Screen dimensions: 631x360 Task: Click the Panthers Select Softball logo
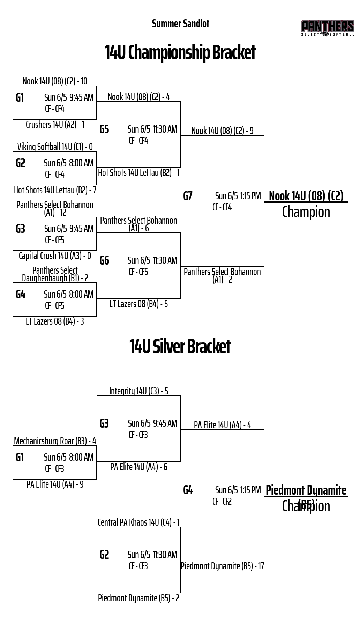pyautogui.click(x=327, y=28)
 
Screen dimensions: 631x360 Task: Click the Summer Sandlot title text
pyautogui.click(x=180, y=24)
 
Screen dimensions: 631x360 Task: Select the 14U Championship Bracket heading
pyautogui.click(x=180, y=52)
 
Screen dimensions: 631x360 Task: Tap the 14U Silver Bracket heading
pyautogui.click(x=180, y=346)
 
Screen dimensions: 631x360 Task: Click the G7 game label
pyautogui.click(x=188, y=196)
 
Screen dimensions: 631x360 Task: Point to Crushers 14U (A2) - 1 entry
pyautogui.click(x=55, y=125)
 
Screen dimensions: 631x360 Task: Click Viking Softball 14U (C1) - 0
pyautogui.click(x=55, y=147)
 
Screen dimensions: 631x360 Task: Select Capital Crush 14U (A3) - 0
pyautogui.click(x=55, y=256)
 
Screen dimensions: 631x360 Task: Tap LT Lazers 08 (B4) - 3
pyautogui.click(x=55, y=321)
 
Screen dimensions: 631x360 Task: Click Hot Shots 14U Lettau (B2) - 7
pyautogui.click(x=55, y=190)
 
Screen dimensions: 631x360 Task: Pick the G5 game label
pyautogui.click(x=104, y=129)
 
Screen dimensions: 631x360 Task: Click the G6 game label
pyautogui.click(x=104, y=261)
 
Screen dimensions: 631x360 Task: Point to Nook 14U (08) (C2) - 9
pyautogui.click(x=222, y=131)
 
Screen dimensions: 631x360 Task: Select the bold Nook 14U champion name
pyautogui.click(x=306, y=196)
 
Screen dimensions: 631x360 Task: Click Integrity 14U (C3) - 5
pyautogui.click(x=138, y=391)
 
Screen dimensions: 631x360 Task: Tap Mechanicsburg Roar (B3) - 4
pyautogui.click(x=55, y=441)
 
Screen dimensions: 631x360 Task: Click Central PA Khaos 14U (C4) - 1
pyautogui.click(x=138, y=522)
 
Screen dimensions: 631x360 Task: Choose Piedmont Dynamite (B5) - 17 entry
pyautogui.click(x=222, y=566)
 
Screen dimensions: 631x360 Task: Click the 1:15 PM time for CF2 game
pyautogui.click(x=250, y=490)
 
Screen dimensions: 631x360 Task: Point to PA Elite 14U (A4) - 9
pyautogui.click(x=55, y=484)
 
